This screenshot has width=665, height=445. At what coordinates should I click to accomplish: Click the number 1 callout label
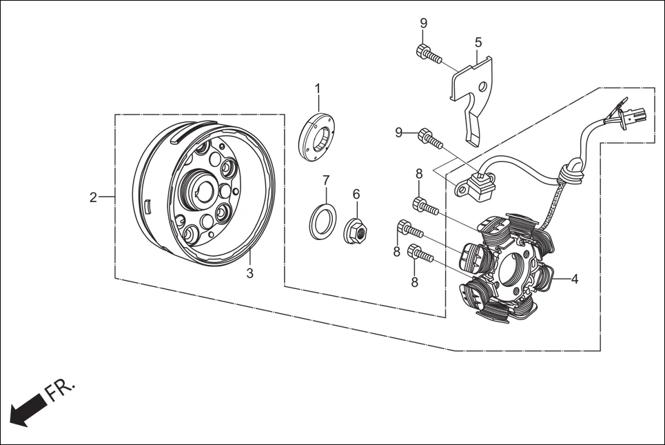pos(318,88)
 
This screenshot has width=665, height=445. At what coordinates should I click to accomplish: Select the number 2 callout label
pos(93,197)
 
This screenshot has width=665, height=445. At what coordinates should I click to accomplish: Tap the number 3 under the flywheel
pos(250,273)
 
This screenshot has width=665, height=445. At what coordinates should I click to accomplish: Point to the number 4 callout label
pos(574,279)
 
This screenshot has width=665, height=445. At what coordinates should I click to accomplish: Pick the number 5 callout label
pos(478,43)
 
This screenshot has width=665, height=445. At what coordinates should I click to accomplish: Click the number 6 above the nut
pos(356,194)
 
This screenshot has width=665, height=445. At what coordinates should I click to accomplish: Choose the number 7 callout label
pos(326,180)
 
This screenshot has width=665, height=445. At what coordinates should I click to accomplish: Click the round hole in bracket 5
pos(483,87)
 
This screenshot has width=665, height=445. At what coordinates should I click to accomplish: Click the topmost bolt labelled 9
pos(428,53)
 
